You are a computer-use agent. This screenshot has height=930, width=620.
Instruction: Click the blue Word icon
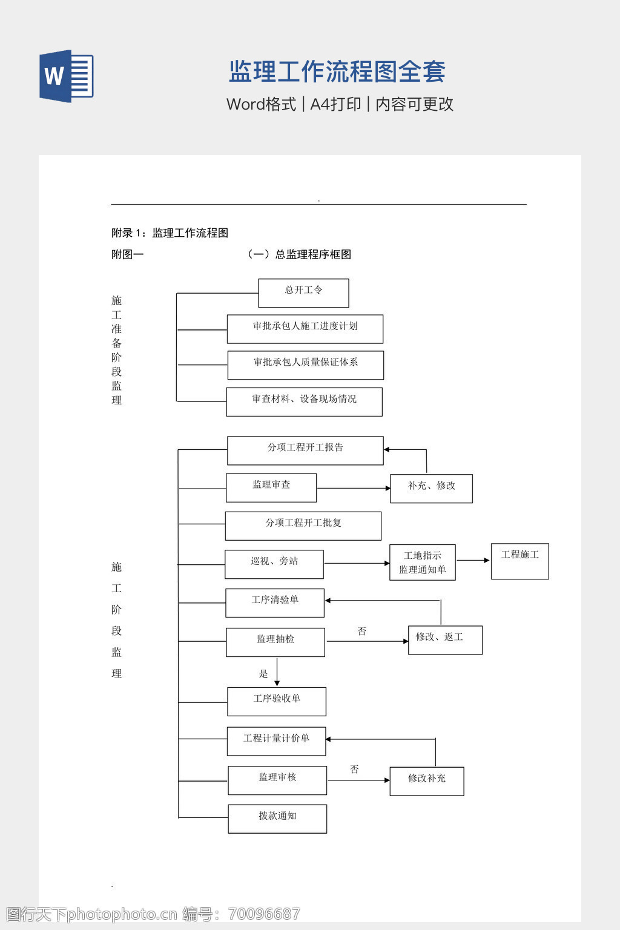click(66, 76)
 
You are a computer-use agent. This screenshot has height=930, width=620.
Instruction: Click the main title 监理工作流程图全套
click(337, 71)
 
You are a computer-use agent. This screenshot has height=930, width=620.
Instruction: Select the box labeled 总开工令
click(303, 293)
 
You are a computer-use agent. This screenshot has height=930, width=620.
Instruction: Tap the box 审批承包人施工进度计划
click(305, 329)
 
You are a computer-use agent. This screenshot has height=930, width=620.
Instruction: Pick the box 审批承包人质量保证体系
click(305, 365)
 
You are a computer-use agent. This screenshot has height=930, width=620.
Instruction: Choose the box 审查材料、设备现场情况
click(304, 401)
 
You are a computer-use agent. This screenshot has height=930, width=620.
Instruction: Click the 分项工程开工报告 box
click(305, 450)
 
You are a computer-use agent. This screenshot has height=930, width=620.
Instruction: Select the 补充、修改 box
click(431, 489)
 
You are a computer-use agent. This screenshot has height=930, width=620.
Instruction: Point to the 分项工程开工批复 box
click(303, 526)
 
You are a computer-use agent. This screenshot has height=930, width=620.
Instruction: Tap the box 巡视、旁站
click(274, 564)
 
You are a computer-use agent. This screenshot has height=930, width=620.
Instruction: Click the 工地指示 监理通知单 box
click(422, 562)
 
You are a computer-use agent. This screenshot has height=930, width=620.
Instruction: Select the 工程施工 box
click(519, 561)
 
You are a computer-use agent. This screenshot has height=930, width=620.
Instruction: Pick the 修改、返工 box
click(445, 640)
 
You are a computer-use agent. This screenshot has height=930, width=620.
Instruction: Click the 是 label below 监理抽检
click(263, 673)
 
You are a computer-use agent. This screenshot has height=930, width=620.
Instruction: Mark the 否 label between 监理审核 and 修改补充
click(354, 769)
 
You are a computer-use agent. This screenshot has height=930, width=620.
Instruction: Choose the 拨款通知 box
click(277, 819)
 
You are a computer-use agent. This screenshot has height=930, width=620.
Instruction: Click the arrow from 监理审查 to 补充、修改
click(354, 488)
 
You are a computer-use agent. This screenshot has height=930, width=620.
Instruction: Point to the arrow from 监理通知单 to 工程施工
click(473, 561)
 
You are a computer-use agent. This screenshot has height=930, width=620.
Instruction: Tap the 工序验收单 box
click(276, 701)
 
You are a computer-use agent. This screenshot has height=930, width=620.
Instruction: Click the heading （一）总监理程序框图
click(298, 254)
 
